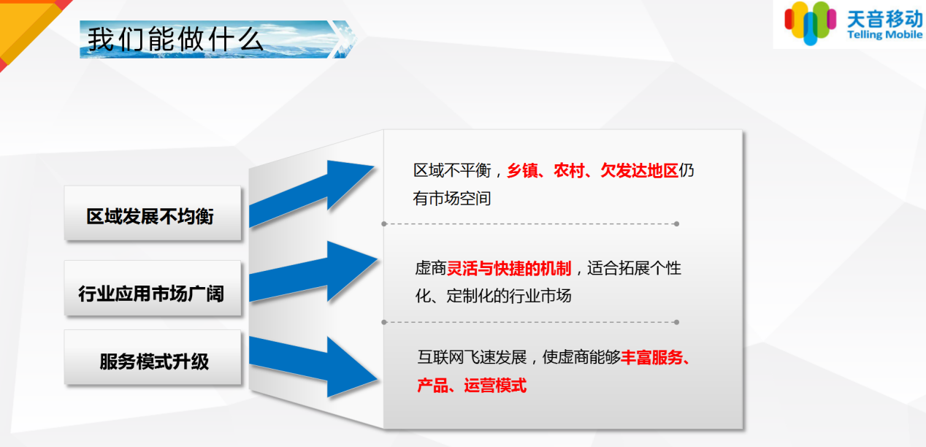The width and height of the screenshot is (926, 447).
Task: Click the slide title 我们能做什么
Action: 175,39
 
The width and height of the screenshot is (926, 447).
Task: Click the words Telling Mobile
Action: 884,35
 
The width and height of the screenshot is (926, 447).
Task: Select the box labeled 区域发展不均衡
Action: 153,213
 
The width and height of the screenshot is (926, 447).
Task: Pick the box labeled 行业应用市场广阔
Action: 153,289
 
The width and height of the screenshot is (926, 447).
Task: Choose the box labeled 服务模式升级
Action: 153,357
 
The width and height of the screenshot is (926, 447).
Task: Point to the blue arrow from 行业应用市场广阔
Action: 313,271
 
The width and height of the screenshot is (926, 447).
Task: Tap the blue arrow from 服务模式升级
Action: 313,367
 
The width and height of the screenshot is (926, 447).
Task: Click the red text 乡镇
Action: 523,170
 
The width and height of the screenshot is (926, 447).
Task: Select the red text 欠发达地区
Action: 639,170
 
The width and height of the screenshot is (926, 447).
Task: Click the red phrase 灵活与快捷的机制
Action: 509,268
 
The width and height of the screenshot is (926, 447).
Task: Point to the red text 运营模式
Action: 495,386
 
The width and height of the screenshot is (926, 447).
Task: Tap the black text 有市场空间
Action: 452,199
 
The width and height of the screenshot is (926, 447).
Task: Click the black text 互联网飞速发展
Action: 472,357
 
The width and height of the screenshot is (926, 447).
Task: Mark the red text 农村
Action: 569,170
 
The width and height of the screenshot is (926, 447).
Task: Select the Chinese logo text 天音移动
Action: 885,18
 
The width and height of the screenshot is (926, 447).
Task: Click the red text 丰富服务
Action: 651,357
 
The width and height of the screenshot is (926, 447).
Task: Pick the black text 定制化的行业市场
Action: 509,296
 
